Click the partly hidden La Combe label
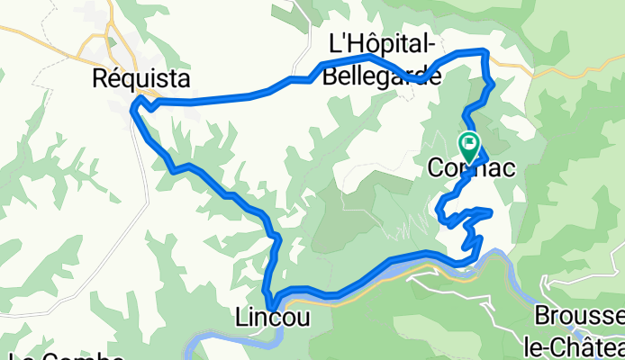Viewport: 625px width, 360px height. [63, 356]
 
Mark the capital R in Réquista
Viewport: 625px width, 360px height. [100, 79]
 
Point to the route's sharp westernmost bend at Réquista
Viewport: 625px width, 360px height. [133, 110]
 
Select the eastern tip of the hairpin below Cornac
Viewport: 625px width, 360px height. [491, 211]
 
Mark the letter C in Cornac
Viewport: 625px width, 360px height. [436, 168]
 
